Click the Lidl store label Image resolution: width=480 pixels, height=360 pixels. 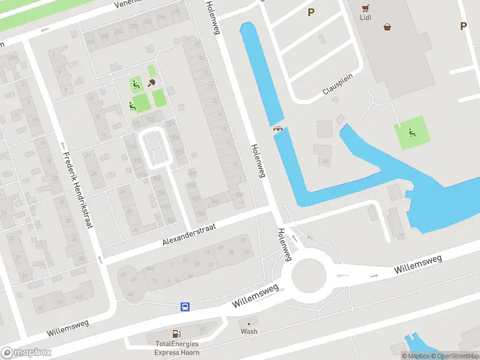click(366, 17)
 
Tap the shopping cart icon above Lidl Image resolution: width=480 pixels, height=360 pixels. click(366, 7)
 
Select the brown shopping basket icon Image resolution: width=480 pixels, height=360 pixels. click(388, 26)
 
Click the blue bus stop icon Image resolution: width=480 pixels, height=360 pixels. click(185, 307)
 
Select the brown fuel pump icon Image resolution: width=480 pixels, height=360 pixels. click(176, 334)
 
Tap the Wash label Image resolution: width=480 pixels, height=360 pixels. click(249, 331)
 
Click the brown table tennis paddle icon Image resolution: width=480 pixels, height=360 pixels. click(152, 82)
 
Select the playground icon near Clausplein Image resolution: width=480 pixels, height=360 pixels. click(412, 133)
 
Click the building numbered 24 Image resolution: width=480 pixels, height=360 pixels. click(325, 160)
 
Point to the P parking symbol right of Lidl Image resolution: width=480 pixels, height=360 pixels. click(463, 26)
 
